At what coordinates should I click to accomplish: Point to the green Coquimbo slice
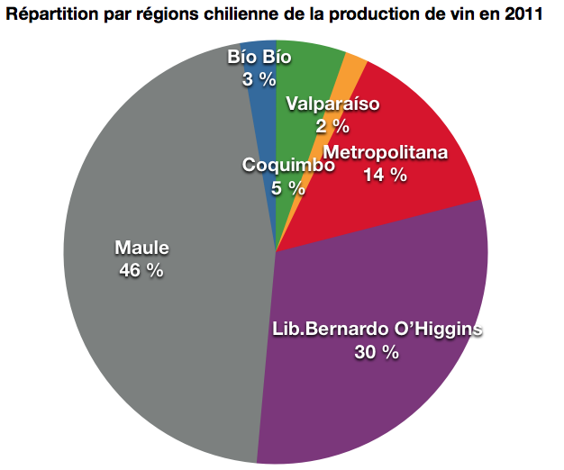pos(311,72)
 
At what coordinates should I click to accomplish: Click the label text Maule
pos(141,248)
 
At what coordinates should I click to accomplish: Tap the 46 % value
pos(141,269)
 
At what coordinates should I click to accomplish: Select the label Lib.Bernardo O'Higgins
pos(377,330)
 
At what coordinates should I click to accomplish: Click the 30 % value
pos(377,352)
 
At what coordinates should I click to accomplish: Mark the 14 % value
pos(386,175)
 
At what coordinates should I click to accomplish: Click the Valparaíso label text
pos(332,104)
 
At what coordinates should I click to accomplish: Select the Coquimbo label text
pos(289,166)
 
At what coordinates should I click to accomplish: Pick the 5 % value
pos(289,188)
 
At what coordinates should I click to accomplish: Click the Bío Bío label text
pos(259,57)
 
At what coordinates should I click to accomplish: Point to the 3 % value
pos(259,79)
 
